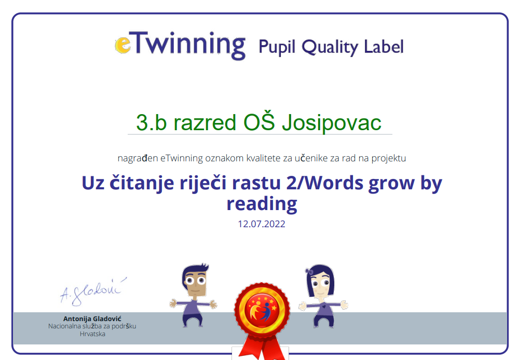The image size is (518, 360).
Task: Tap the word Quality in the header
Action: point(330,47)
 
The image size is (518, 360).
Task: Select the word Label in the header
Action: point(384,46)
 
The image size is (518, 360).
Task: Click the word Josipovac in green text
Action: point(331,123)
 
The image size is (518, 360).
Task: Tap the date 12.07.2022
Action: point(261,224)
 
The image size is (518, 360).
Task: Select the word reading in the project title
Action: point(262,204)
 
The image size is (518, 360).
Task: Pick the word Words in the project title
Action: point(334,183)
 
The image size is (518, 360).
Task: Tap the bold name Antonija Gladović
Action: point(92,319)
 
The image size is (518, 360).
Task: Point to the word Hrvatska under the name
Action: point(92,334)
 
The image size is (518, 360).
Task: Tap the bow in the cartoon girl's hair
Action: point(309,271)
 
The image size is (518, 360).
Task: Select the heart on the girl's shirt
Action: point(323,307)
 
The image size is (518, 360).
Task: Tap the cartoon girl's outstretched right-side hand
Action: point(344,305)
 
